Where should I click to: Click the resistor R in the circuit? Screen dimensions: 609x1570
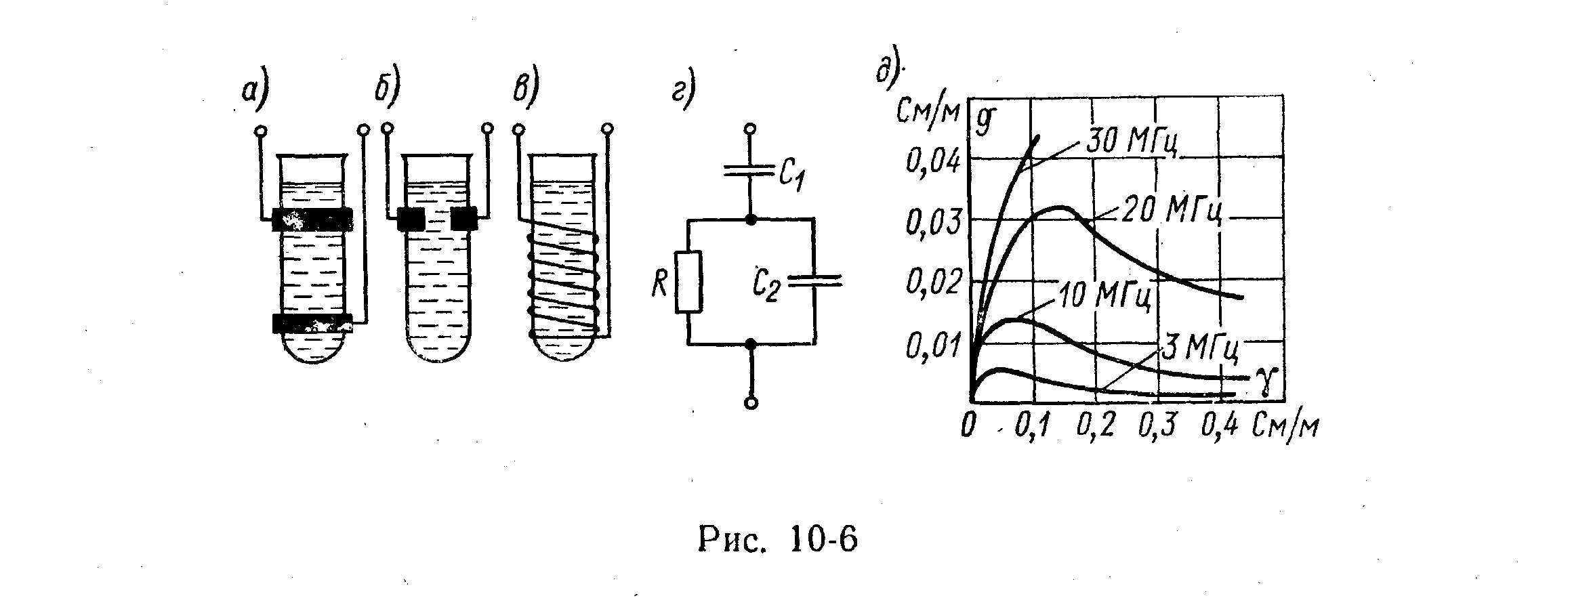click(688, 282)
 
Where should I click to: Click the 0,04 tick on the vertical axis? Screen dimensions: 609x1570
click(933, 162)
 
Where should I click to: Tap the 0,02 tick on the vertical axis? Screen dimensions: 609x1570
click(933, 283)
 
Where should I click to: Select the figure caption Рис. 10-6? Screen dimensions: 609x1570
click(777, 541)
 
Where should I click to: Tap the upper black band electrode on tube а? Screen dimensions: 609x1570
click(312, 219)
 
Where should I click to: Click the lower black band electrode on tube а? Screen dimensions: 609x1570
click(312, 324)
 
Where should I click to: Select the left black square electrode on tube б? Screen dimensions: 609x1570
click(411, 219)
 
